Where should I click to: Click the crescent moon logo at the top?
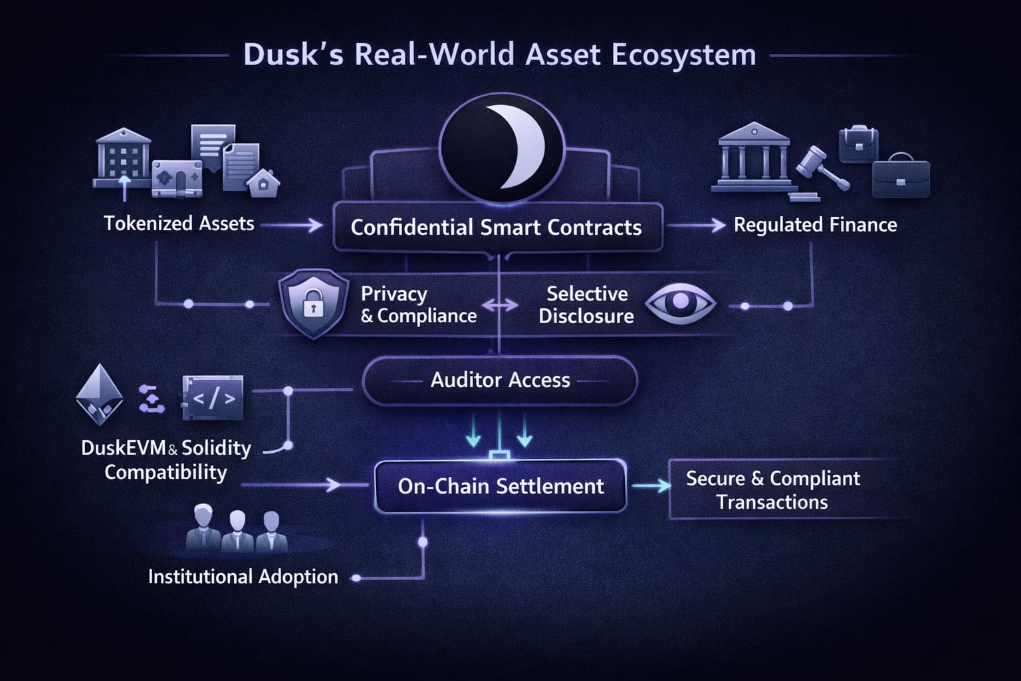[502, 147]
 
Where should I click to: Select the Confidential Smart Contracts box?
[497, 227]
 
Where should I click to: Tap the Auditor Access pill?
[500, 380]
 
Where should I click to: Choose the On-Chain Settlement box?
[501, 486]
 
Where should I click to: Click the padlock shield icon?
[313, 303]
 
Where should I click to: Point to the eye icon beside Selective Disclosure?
[680, 303]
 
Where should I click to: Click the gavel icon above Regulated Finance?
[821, 166]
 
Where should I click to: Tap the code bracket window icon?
[213, 398]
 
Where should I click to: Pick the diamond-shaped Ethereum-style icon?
[100, 394]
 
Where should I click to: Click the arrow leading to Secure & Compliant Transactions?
[651, 486]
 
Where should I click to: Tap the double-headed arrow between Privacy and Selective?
[500, 305]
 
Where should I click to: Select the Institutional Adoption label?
[243, 577]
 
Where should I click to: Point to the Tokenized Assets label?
[179, 223]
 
